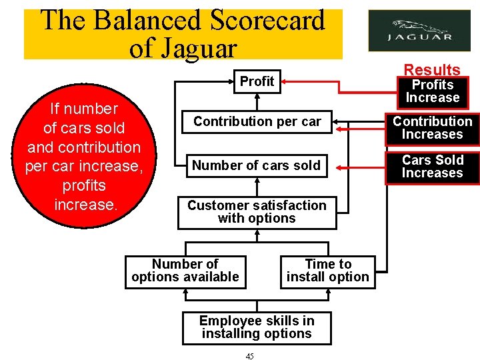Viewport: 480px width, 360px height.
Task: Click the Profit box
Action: click(257, 81)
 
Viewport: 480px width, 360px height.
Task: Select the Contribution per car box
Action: click(257, 121)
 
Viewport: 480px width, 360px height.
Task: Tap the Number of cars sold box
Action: click(257, 165)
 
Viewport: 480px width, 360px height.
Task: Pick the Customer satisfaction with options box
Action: click(257, 212)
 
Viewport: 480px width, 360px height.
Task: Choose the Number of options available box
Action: click(185, 271)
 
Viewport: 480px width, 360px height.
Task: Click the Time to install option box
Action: click(327, 271)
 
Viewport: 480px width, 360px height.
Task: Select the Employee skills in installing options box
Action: click(257, 327)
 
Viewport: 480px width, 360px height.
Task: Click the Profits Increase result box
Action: click(432, 91)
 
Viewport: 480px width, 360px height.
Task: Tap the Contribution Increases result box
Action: click(432, 128)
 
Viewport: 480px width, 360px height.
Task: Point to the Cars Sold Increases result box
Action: click(432, 167)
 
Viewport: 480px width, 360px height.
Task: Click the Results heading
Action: click(432, 69)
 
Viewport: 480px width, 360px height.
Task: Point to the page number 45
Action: click(249, 357)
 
